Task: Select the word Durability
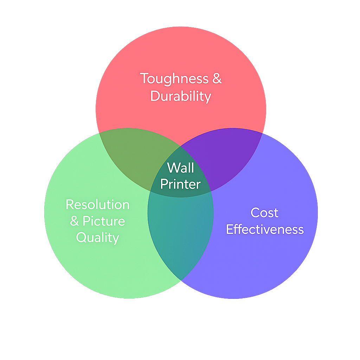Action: [x=181, y=96]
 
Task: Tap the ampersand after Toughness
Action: [x=217, y=78]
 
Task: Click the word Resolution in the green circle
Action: [x=97, y=205]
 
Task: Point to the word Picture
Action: [x=104, y=221]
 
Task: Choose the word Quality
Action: [x=97, y=238]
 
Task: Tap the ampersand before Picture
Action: [x=74, y=221]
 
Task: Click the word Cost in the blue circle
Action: [x=264, y=213]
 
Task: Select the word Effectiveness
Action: [x=265, y=229]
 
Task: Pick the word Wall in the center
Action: [x=180, y=168]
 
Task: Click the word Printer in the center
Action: [x=180, y=184]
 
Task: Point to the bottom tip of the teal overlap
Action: [x=181, y=280]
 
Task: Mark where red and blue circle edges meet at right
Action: [x=262, y=133]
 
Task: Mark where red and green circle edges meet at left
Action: [x=99, y=133]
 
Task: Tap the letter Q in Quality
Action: [x=81, y=238]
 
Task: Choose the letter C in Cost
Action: [x=255, y=213]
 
